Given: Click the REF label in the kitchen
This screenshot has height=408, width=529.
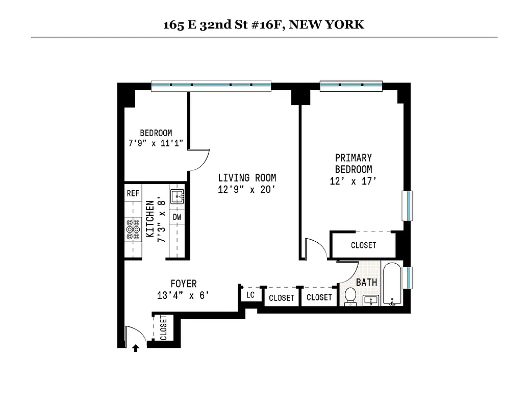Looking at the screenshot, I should click(x=133, y=193).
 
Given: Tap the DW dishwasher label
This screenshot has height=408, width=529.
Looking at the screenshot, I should click(x=177, y=216).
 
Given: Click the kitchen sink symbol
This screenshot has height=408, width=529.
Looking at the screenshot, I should click(x=177, y=195).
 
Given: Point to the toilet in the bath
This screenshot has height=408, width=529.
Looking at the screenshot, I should click(x=350, y=296).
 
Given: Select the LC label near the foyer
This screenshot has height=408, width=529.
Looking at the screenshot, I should click(x=250, y=295).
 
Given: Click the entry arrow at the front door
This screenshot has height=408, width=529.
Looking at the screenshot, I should click(x=136, y=348).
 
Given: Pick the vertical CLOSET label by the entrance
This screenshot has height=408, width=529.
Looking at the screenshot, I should click(x=164, y=327).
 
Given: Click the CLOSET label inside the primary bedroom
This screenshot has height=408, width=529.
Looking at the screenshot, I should click(x=363, y=245).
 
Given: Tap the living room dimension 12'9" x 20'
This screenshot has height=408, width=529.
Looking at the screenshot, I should click(x=247, y=190).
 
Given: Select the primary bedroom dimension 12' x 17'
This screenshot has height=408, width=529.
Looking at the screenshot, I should click(x=353, y=181).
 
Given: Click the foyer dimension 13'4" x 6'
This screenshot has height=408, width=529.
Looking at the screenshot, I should click(x=183, y=295).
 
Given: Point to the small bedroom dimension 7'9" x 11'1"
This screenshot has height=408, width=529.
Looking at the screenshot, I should click(x=156, y=144).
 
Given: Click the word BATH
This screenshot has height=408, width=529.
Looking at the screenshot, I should click(x=366, y=282).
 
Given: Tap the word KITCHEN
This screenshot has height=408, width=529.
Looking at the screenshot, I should click(x=150, y=218).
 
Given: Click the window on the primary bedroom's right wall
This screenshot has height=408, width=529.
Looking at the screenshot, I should click(x=407, y=206).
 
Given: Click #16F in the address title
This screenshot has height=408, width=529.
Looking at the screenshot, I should click(x=267, y=24).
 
